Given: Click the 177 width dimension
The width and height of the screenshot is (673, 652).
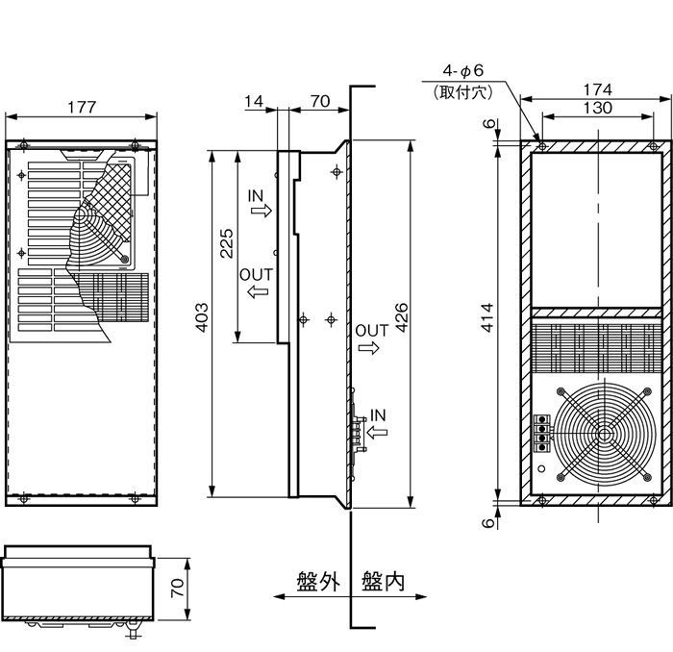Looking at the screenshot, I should (83, 108).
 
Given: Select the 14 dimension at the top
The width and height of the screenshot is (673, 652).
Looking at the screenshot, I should (254, 100).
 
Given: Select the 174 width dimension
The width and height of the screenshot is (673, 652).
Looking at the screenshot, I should (597, 88).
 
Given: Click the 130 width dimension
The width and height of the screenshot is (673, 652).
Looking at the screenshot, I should (597, 108).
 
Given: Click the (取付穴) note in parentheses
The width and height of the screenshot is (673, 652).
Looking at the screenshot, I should (463, 92).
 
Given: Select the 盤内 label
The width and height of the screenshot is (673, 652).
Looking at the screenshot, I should (383, 580).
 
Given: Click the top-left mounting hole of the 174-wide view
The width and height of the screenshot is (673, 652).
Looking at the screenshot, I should (542, 147).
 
